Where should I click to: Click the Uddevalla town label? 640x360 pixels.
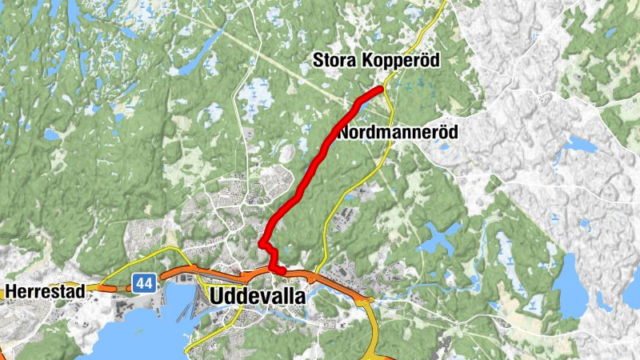coord(257,296)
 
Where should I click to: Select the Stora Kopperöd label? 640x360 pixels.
coord(376,61)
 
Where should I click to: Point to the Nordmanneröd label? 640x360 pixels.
coord(398,132)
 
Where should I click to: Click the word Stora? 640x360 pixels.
coord(334,61)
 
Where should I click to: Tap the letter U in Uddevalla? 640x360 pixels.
coord(216,296)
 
